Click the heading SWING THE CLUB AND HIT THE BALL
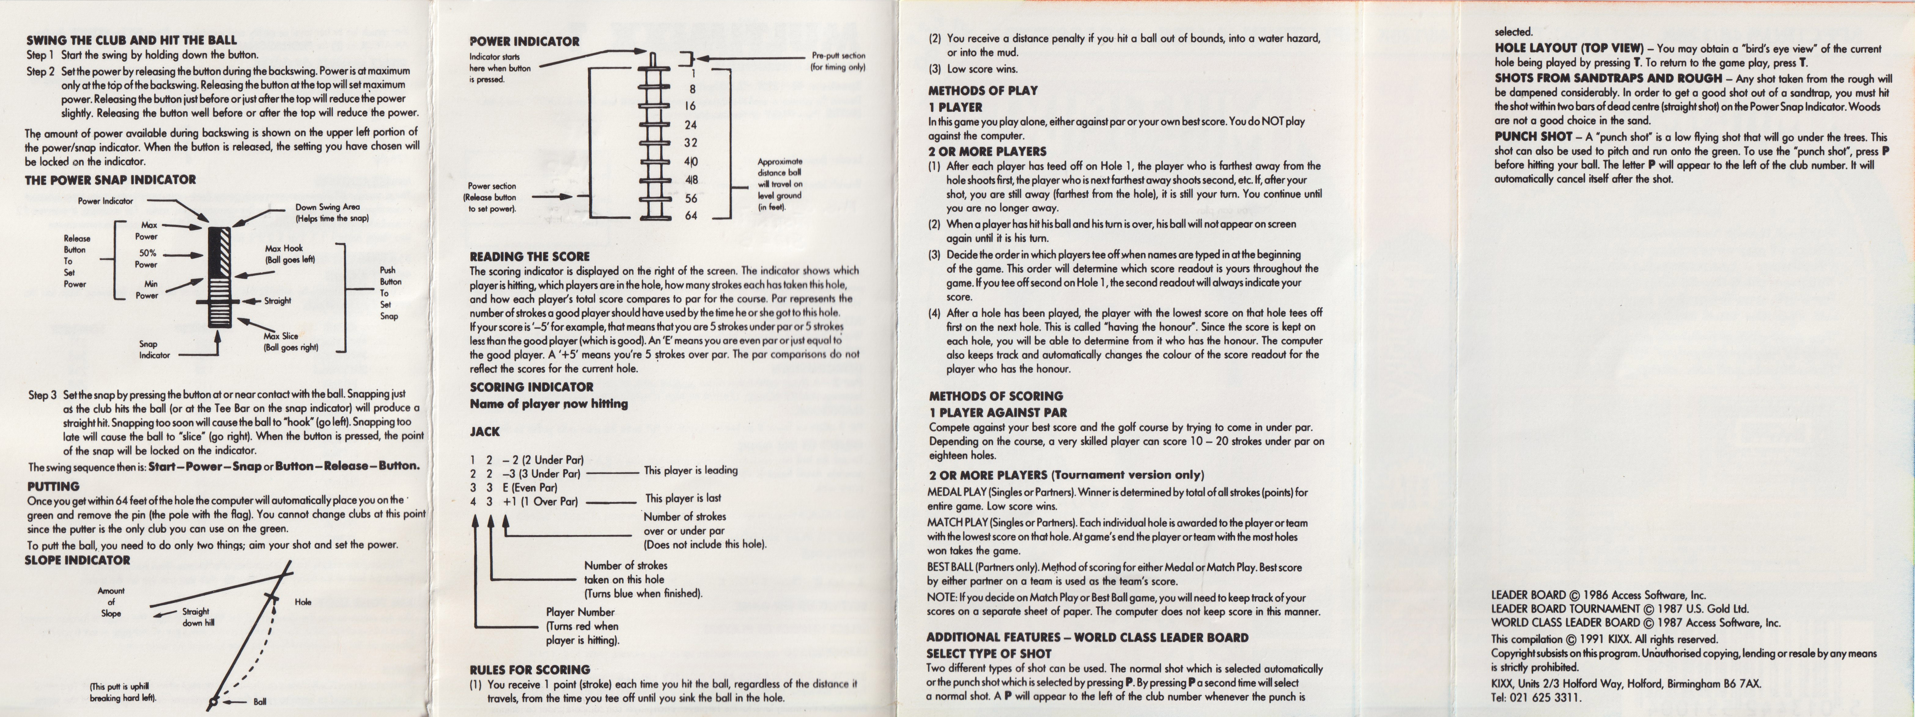[131, 40]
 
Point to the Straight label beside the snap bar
[277, 301]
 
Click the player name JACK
[485, 431]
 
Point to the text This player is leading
[691, 470]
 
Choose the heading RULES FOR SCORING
[529, 669]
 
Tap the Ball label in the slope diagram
[260, 701]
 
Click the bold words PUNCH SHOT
[1533, 137]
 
